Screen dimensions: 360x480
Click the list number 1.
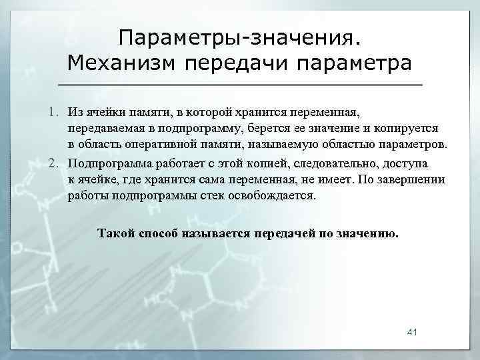56,109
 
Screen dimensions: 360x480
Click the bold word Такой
115,233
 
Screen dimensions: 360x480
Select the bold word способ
161,233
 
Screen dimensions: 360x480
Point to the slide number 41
411,332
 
